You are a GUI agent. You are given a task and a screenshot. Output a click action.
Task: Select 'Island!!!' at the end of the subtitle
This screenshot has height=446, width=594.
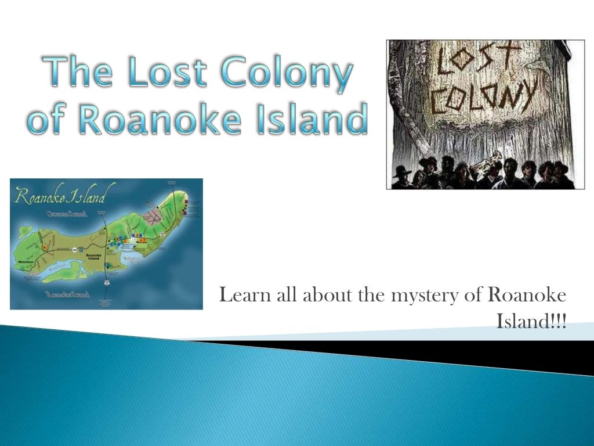(x=531, y=321)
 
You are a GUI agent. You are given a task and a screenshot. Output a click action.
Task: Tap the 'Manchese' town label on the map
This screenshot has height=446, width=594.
(x=27, y=262)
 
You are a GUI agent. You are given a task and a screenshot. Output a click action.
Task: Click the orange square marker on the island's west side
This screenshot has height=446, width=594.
(x=44, y=246)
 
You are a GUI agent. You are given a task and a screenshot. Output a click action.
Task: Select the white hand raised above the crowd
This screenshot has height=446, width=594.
(x=497, y=156)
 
